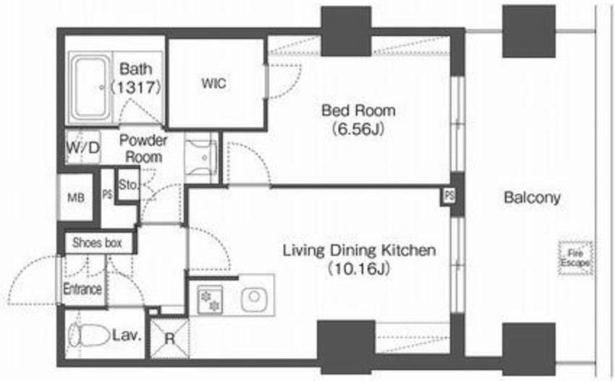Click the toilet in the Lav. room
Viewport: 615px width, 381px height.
(89, 335)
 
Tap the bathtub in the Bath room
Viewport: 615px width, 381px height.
(90, 87)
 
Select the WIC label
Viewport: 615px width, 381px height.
(213, 83)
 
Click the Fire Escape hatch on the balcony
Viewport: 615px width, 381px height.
(575, 258)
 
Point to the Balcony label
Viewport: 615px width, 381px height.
(532, 197)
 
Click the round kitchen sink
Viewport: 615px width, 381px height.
(254, 299)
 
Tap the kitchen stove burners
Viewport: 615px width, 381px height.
(210, 300)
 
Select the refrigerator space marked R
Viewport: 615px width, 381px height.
(169, 338)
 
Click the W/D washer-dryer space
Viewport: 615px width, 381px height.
(82, 147)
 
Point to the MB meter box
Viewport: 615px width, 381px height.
(76, 197)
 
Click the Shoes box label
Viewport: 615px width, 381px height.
(97, 243)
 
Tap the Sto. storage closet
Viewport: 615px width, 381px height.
(128, 184)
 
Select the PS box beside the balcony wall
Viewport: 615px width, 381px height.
(449, 196)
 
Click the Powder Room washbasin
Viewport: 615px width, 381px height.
(201, 158)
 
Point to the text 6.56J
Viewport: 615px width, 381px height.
(357, 129)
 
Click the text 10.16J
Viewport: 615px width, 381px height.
(359, 268)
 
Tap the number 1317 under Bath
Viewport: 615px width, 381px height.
(135, 87)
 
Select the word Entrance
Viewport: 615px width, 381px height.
(82, 289)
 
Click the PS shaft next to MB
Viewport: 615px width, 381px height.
(107, 194)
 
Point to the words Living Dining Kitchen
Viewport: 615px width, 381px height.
(360, 250)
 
